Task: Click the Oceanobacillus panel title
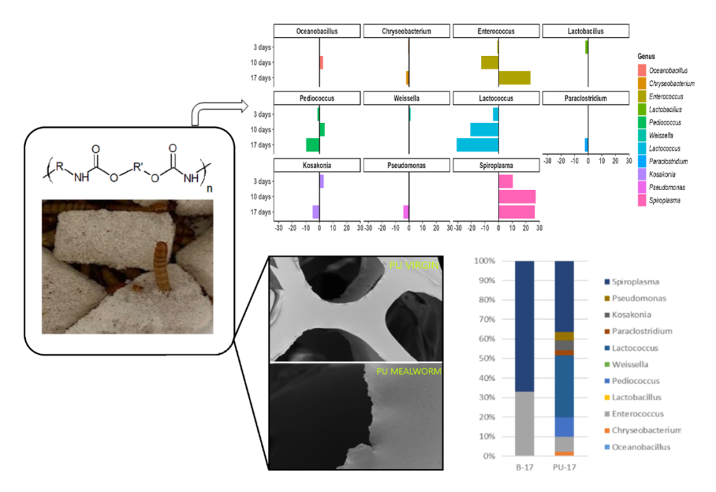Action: pos(317,31)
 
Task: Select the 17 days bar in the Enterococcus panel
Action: pos(514,78)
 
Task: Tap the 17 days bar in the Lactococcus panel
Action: pos(478,145)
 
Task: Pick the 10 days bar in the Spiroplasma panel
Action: pos(517,196)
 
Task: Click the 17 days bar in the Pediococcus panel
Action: pos(313,145)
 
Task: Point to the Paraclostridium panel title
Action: pos(587,99)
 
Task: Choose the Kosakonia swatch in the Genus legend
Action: pos(642,175)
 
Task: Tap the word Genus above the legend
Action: pos(646,56)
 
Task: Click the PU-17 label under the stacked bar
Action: pos(564,467)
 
